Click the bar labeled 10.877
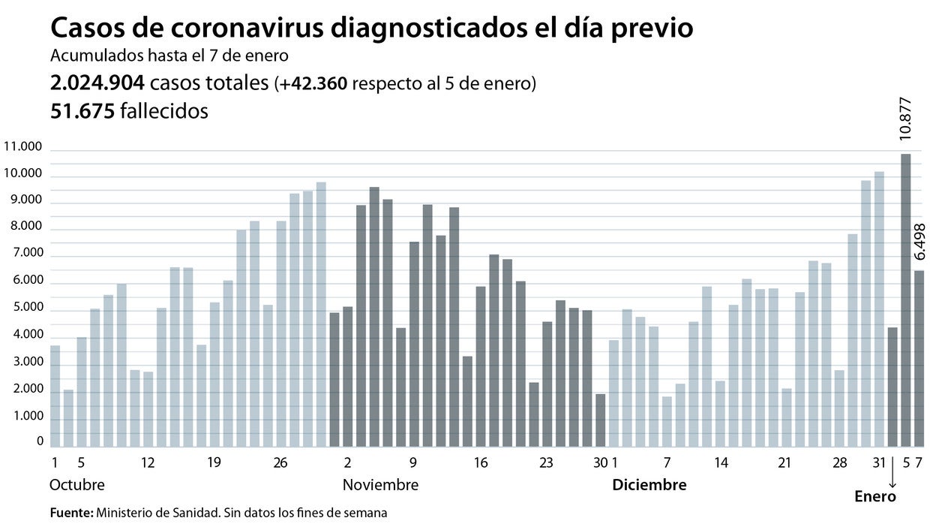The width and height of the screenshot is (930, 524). [x=905, y=300]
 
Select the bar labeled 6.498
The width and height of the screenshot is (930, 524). [x=919, y=359]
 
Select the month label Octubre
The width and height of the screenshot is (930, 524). [x=77, y=485]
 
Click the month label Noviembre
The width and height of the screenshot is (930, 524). [x=380, y=485]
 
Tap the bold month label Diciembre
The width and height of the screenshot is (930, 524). [x=649, y=485]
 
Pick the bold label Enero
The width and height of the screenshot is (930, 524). [x=875, y=496]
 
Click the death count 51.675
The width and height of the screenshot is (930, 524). [x=82, y=111]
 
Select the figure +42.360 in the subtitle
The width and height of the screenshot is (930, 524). [x=314, y=84]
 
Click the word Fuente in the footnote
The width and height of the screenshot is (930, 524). [x=70, y=513]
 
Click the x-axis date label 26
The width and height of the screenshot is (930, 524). [x=280, y=462]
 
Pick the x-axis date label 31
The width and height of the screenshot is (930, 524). [x=880, y=462]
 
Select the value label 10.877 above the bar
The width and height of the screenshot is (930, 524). [x=905, y=119]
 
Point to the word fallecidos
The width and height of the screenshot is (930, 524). [x=163, y=111]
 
